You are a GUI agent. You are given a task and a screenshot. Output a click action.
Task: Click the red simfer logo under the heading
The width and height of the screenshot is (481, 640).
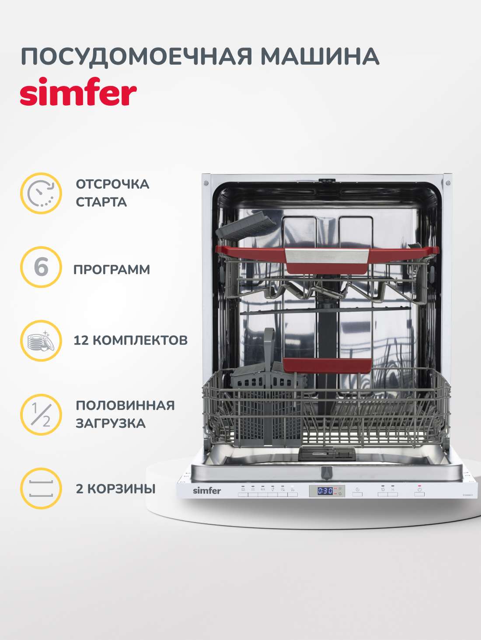point(78,92)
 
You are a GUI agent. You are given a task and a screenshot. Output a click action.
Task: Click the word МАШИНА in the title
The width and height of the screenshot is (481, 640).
point(320,57)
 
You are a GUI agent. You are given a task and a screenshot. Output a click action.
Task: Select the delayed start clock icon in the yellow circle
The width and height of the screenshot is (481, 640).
point(41,193)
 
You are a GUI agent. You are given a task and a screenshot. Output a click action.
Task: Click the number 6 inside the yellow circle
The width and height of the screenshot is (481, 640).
point(41,267)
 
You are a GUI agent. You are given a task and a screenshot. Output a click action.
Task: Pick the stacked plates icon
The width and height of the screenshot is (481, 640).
point(41,341)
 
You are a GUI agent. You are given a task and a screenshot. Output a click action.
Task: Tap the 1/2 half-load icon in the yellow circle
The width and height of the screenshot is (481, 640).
point(41,415)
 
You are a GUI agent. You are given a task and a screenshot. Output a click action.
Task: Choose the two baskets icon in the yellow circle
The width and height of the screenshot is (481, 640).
point(41,489)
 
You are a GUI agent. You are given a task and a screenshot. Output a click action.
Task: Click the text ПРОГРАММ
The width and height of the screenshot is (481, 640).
point(112,270)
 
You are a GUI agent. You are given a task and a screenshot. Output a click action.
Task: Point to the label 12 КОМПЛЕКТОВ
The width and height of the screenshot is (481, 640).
point(130,341)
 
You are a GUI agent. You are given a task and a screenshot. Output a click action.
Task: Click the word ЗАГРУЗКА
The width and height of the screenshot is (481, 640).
point(111,423)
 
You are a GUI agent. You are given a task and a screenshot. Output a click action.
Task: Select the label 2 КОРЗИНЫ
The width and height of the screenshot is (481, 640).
point(116,489)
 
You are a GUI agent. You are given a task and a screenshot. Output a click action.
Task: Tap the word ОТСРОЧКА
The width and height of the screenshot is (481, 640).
point(112,184)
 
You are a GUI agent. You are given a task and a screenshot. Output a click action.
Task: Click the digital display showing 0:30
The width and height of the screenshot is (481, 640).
point(325,491)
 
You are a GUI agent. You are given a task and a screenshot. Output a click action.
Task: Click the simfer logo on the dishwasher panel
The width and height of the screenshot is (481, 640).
point(207,491)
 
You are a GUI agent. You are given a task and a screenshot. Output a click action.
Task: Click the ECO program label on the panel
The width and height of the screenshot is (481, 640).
point(263,489)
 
